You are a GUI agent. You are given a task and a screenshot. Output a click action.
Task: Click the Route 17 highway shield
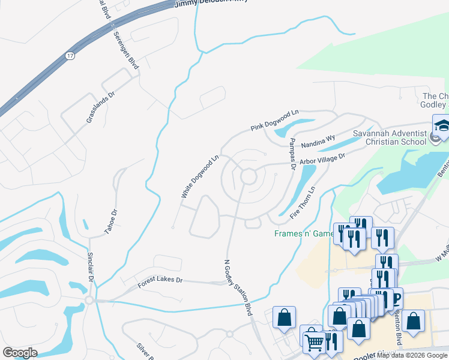click(70, 56)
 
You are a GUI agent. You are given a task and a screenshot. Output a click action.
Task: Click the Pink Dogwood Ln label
click(274, 121)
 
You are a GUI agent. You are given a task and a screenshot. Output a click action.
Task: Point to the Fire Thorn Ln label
click(303, 203)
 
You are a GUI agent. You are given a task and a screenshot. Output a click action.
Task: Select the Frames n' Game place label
click(303, 233)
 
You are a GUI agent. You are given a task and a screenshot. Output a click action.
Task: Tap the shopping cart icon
click(315, 342)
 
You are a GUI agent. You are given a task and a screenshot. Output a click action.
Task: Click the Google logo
click(20, 353)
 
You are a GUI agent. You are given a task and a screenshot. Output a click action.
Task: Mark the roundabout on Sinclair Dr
click(89, 300)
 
